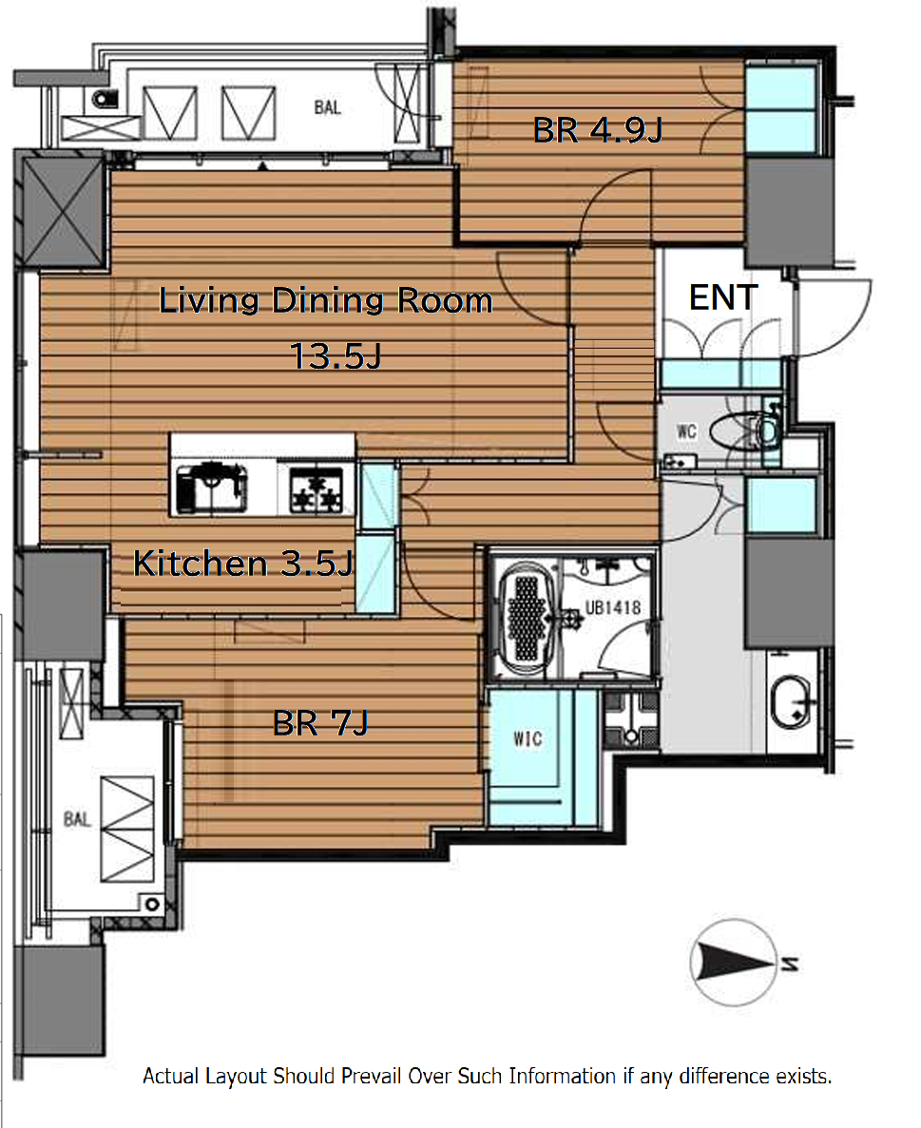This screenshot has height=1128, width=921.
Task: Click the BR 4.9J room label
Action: [598, 130]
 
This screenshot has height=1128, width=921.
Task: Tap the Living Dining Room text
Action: [325, 300]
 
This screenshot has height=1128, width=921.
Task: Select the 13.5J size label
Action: [336, 355]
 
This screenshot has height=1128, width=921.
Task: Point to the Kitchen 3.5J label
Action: [243, 564]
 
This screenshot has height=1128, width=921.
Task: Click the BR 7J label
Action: [320, 723]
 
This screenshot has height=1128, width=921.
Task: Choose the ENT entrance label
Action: [723, 297]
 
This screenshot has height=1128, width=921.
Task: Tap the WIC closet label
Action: [528, 738]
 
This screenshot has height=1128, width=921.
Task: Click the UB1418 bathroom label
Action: [613, 608]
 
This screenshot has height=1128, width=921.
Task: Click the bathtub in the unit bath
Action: [526, 618]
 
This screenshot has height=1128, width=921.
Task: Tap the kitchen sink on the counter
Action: [212, 488]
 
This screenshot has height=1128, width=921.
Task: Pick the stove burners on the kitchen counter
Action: [316, 490]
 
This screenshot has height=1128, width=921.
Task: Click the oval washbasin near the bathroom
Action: [792, 701]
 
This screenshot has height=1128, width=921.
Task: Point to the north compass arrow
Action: [733, 961]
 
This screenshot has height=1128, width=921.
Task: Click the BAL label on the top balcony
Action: [327, 108]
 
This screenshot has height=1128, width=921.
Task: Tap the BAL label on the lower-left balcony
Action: [77, 819]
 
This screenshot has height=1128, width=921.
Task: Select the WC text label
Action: [686, 430]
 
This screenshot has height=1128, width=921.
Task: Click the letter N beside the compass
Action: [789, 964]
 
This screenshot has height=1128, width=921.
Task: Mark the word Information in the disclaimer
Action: [562, 1076]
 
